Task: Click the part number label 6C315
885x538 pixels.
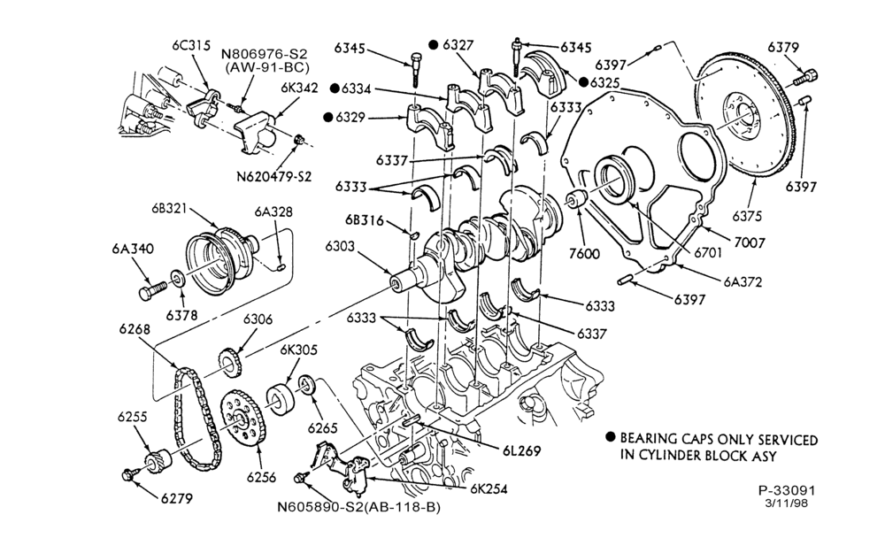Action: pyautogui.click(x=191, y=46)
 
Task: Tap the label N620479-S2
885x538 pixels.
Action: pyautogui.click(x=273, y=177)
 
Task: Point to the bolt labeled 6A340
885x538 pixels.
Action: pyautogui.click(x=152, y=290)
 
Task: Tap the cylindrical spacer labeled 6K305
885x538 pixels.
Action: pyautogui.click(x=281, y=400)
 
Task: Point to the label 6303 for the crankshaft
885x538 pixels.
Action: pyautogui.click(x=340, y=246)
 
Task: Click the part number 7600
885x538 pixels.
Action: pyautogui.click(x=584, y=253)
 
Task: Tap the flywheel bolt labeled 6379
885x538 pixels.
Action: pyautogui.click(x=806, y=77)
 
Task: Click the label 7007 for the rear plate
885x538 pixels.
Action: pyautogui.click(x=750, y=242)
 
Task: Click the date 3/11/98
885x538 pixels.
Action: pyautogui.click(x=786, y=503)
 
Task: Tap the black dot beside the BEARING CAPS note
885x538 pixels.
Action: pyautogui.click(x=610, y=437)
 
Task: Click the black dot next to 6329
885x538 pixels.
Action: pyautogui.click(x=328, y=118)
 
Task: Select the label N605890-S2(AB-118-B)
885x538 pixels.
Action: pyautogui.click(x=358, y=507)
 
